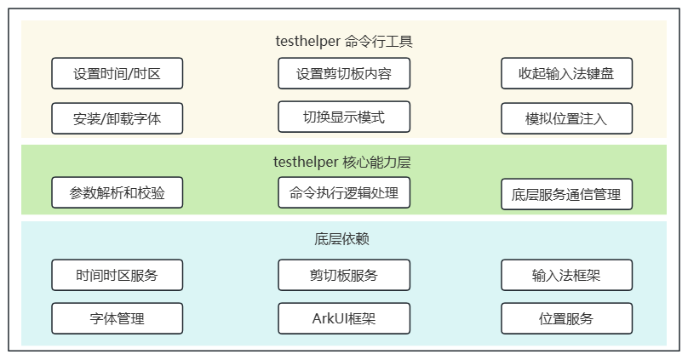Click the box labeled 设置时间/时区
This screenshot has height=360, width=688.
(x=118, y=73)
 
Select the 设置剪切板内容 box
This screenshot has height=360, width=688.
(x=344, y=73)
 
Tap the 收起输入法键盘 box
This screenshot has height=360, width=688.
(x=566, y=73)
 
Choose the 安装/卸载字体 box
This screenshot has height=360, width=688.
(x=118, y=118)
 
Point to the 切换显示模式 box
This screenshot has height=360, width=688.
(x=344, y=117)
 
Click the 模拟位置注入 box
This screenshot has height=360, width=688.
(x=566, y=118)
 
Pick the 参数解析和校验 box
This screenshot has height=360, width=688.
(x=118, y=192)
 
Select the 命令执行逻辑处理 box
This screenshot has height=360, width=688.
(x=344, y=192)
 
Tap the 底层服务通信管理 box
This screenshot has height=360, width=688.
(x=566, y=194)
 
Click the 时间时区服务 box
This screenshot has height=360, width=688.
(x=118, y=275)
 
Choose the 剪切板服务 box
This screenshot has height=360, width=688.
(x=344, y=275)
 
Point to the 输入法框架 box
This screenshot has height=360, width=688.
(x=566, y=275)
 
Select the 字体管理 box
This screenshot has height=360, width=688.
(x=118, y=318)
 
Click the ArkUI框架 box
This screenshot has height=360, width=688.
(x=344, y=318)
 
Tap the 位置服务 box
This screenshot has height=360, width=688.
(x=566, y=318)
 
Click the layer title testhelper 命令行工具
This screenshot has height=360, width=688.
(x=344, y=41)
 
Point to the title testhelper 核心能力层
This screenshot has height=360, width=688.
(x=341, y=163)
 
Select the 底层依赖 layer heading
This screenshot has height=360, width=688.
(x=341, y=239)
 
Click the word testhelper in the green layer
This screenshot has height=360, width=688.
(x=306, y=163)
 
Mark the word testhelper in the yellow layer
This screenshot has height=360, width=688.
(x=308, y=41)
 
